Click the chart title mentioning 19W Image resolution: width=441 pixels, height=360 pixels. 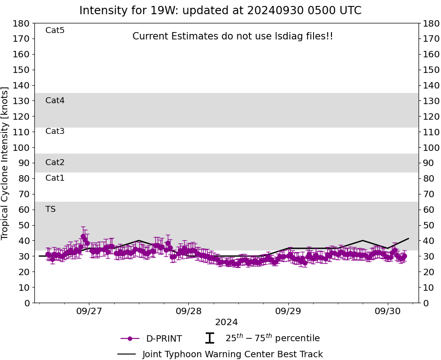coord(220,11)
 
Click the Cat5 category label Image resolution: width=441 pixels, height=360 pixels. coord(55,31)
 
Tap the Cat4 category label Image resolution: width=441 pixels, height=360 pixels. coord(55,100)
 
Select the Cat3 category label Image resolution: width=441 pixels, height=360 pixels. coord(55,132)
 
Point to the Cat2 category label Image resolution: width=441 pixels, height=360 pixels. coord(55,162)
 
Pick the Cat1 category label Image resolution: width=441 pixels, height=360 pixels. coord(55,178)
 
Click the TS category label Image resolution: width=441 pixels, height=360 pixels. coord(50,209)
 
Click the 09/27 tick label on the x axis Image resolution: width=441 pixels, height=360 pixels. coord(89,311)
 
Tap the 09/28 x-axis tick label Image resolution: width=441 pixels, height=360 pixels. coord(188,311)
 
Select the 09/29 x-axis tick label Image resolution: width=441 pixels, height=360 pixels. coord(288,311)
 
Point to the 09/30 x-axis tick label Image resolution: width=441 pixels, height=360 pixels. coord(388,311)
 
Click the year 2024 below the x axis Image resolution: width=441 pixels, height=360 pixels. coord(226,322)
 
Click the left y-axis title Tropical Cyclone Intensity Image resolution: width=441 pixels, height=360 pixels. coord(6,163)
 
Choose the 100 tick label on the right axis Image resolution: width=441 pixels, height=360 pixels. coord(431,148)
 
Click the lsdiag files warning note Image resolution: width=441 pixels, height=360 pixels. coord(233,36)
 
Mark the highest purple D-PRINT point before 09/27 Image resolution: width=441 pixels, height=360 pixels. coord(83,237)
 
